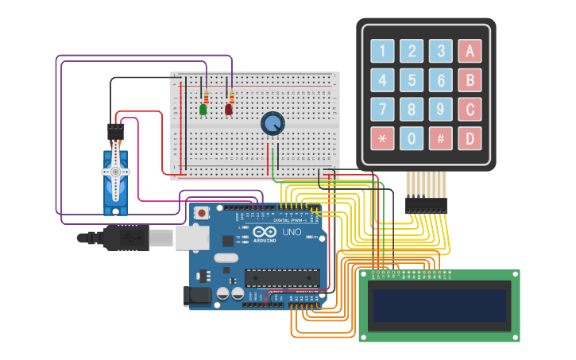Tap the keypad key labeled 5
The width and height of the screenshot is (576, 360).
412,80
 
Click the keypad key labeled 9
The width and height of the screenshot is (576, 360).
440,109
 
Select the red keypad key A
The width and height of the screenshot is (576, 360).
470,52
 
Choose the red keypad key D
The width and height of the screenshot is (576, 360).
470,138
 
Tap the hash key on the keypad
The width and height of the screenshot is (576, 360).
440,138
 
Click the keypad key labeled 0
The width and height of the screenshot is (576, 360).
412,138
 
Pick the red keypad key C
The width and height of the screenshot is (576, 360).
470,109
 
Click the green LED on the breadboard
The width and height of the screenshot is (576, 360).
203,110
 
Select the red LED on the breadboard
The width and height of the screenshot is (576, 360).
229,110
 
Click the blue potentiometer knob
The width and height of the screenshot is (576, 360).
272,123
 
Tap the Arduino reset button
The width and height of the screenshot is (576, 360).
202,213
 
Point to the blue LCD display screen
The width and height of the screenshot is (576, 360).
439,305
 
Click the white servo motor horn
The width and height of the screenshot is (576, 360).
115,172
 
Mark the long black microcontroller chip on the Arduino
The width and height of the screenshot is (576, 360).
281,277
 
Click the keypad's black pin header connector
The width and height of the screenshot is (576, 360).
426,205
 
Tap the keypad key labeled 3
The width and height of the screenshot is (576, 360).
440,52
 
